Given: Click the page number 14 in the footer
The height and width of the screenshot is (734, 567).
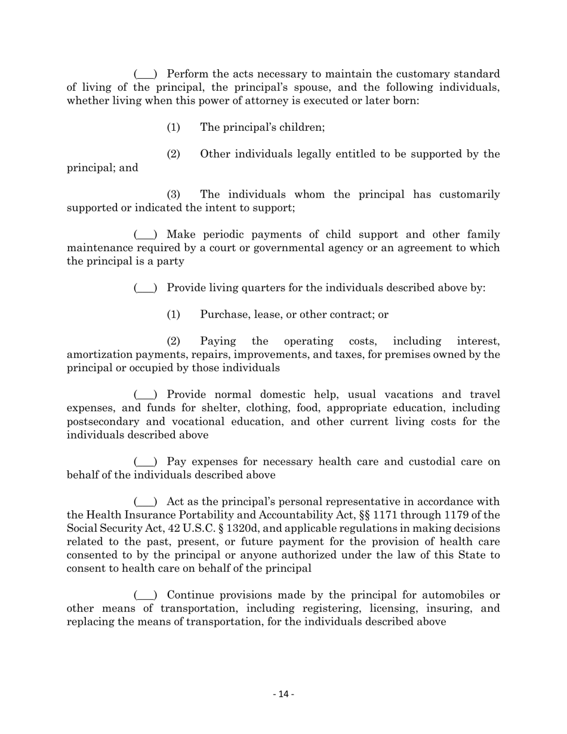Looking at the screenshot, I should point(283,694).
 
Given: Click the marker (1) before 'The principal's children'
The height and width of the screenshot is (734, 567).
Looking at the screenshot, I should point(173,128).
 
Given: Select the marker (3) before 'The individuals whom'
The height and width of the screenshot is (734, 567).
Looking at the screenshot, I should point(173,195).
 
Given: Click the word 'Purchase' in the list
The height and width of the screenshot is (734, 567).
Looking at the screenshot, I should point(224,315).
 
